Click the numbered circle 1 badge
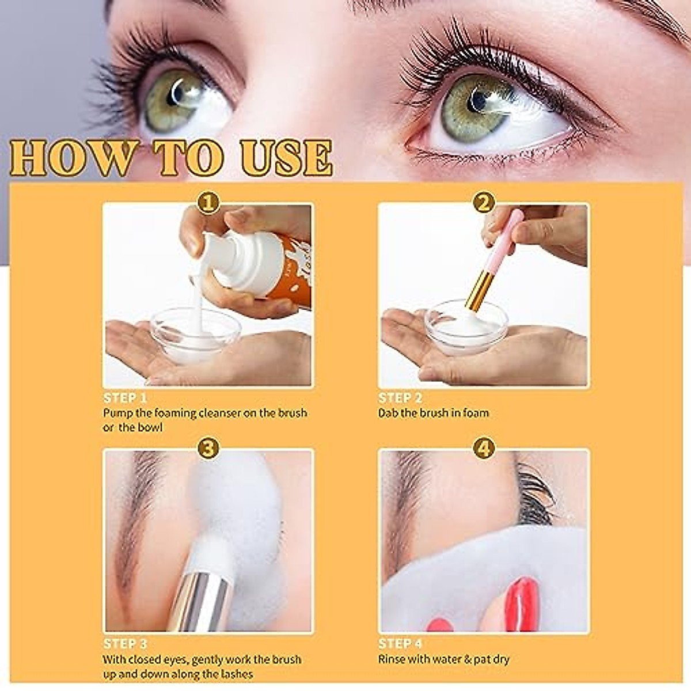(208, 203)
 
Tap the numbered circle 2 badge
(484, 203)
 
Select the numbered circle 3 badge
(208, 447)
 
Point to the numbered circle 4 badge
(484, 447)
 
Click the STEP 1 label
(125, 398)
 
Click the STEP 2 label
(400, 398)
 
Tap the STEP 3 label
(125, 644)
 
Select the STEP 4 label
(400, 644)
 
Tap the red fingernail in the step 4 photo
(521, 605)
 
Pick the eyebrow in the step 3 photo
(135, 518)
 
